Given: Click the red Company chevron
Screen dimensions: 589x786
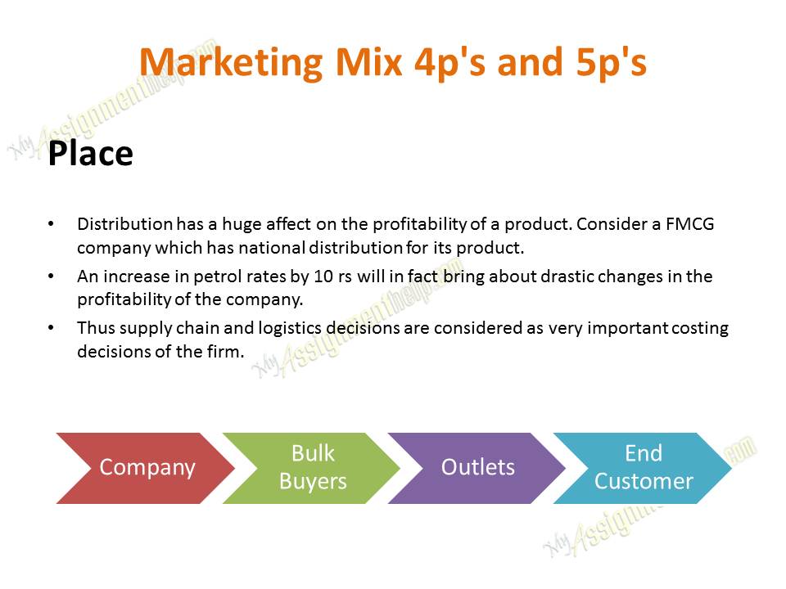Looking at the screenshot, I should coord(146,468).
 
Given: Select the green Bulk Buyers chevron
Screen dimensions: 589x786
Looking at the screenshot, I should coord(312,468).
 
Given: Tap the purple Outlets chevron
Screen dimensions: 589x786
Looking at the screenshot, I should coord(478,468).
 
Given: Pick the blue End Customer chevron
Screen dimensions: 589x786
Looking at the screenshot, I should coord(644,468).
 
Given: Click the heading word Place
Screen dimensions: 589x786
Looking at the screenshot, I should coord(90,154).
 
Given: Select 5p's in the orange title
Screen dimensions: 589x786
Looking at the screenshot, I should coord(604,63).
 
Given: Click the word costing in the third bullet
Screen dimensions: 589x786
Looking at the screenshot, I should coord(699,329).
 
